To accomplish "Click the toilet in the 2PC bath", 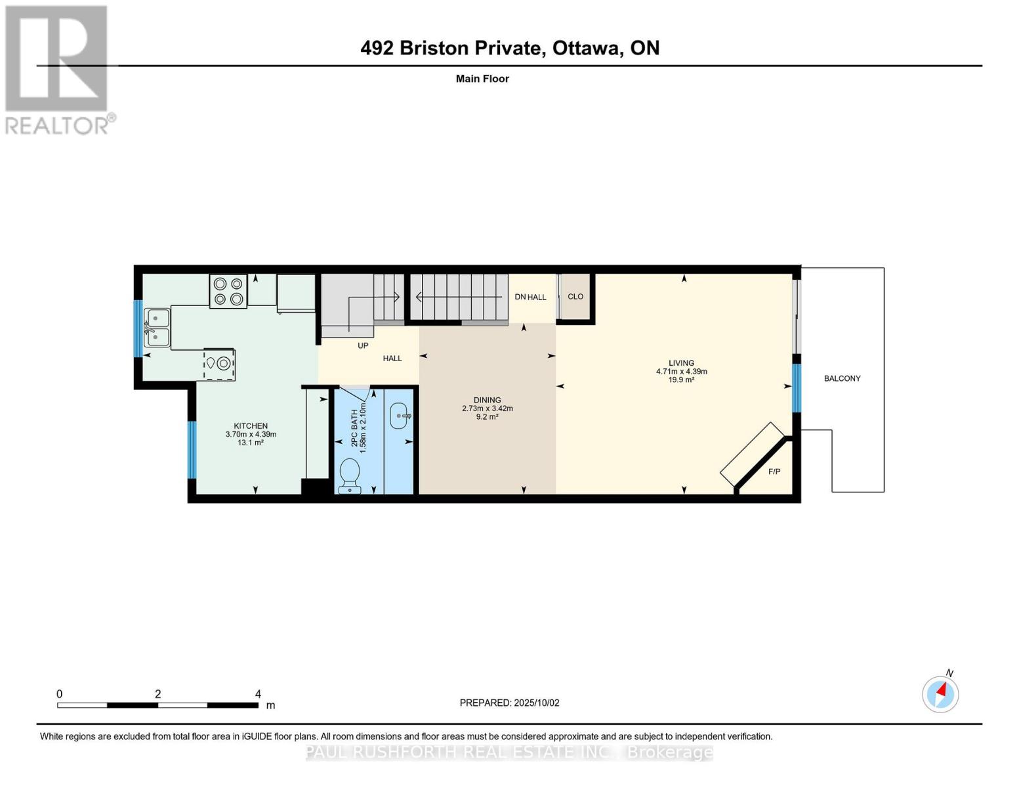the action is [x=349, y=475].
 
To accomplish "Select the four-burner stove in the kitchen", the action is [x=228, y=291].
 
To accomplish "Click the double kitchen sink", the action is [x=157, y=327].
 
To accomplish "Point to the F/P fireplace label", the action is [x=774, y=471].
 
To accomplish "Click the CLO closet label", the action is [x=575, y=297].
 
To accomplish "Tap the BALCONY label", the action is [x=842, y=378].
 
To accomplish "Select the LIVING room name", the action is [x=681, y=362].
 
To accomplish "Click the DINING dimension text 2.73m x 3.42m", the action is [x=488, y=408].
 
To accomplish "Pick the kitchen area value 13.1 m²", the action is [x=251, y=443].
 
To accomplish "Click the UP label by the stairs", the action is [x=363, y=345].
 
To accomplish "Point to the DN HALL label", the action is [x=530, y=297].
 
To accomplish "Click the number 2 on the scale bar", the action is [x=158, y=693].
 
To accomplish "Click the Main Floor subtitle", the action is [x=482, y=79].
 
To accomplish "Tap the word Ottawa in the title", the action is [x=587, y=49].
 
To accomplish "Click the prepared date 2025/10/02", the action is [x=537, y=703].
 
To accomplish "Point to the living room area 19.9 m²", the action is [x=681, y=380].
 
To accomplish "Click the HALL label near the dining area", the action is [x=392, y=359].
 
